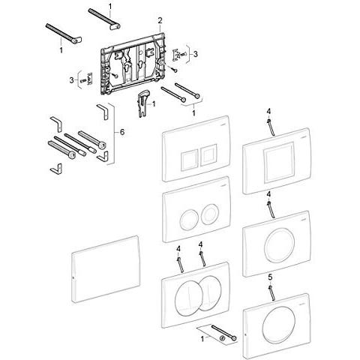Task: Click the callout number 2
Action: (160, 20)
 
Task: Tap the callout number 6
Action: (122, 132)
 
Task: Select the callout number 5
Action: (270, 277)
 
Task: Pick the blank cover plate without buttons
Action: (106, 268)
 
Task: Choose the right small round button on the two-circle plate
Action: (209, 214)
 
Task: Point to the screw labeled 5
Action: (271, 293)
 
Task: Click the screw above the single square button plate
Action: (271, 127)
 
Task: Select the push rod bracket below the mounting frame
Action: (142, 103)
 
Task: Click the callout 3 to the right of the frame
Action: (196, 54)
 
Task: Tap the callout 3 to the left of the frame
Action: (72, 80)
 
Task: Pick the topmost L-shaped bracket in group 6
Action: (103, 112)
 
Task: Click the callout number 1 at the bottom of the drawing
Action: (202, 339)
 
